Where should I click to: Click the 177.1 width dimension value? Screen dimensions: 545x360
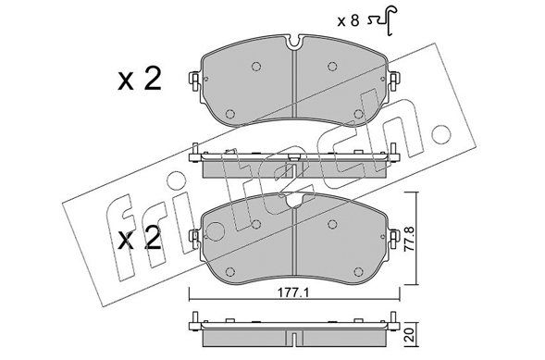(293, 293)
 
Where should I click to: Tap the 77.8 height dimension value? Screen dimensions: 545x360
(411, 239)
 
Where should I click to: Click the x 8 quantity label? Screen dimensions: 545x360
(348, 21)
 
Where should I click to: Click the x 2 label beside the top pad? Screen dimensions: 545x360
(140, 79)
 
